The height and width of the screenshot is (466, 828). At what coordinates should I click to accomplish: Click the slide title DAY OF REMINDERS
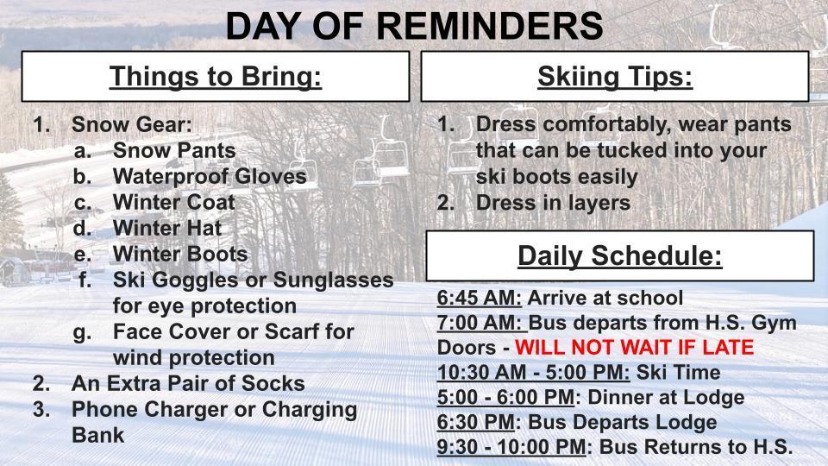pyautogui.click(x=414, y=26)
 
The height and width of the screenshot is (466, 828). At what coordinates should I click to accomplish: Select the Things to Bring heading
pyautogui.click(x=215, y=77)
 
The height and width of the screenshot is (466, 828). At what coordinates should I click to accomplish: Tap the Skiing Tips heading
pyautogui.click(x=614, y=77)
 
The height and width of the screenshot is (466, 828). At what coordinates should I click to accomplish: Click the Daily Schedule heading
pyautogui.click(x=619, y=256)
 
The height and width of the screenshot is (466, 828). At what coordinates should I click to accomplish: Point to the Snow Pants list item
pyautogui.click(x=174, y=150)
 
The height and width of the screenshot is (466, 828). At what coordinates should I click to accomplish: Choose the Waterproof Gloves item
pyautogui.click(x=210, y=176)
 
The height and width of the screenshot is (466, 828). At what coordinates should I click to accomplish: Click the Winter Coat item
pyautogui.click(x=173, y=202)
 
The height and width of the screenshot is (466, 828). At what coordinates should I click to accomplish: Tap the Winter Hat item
pyautogui.click(x=167, y=228)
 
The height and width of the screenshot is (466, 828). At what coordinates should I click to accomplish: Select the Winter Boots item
pyautogui.click(x=180, y=254)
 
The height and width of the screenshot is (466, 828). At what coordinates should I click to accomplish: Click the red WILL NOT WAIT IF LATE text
pyautogui.click(x=634, y=348)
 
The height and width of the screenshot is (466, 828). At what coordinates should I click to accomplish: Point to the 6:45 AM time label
pyautogui.click(x=479, y=298)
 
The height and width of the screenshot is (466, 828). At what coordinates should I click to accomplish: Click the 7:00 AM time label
pyautogui.click(x=480, y=323)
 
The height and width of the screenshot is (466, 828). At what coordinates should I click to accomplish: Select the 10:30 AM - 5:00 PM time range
pyautogui.click(x=533, y=373)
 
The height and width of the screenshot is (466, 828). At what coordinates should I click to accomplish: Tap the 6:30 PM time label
pyautogui.click(x=475, y=422)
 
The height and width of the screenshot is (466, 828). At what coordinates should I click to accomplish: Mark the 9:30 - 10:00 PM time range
pyautogui.click(x=511, y=447)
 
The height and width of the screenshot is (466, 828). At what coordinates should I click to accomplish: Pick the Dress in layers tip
pyautogui.click(x=553, y=203)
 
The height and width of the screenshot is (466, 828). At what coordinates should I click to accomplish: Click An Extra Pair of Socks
pyautogui.click(x=188, y=382)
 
